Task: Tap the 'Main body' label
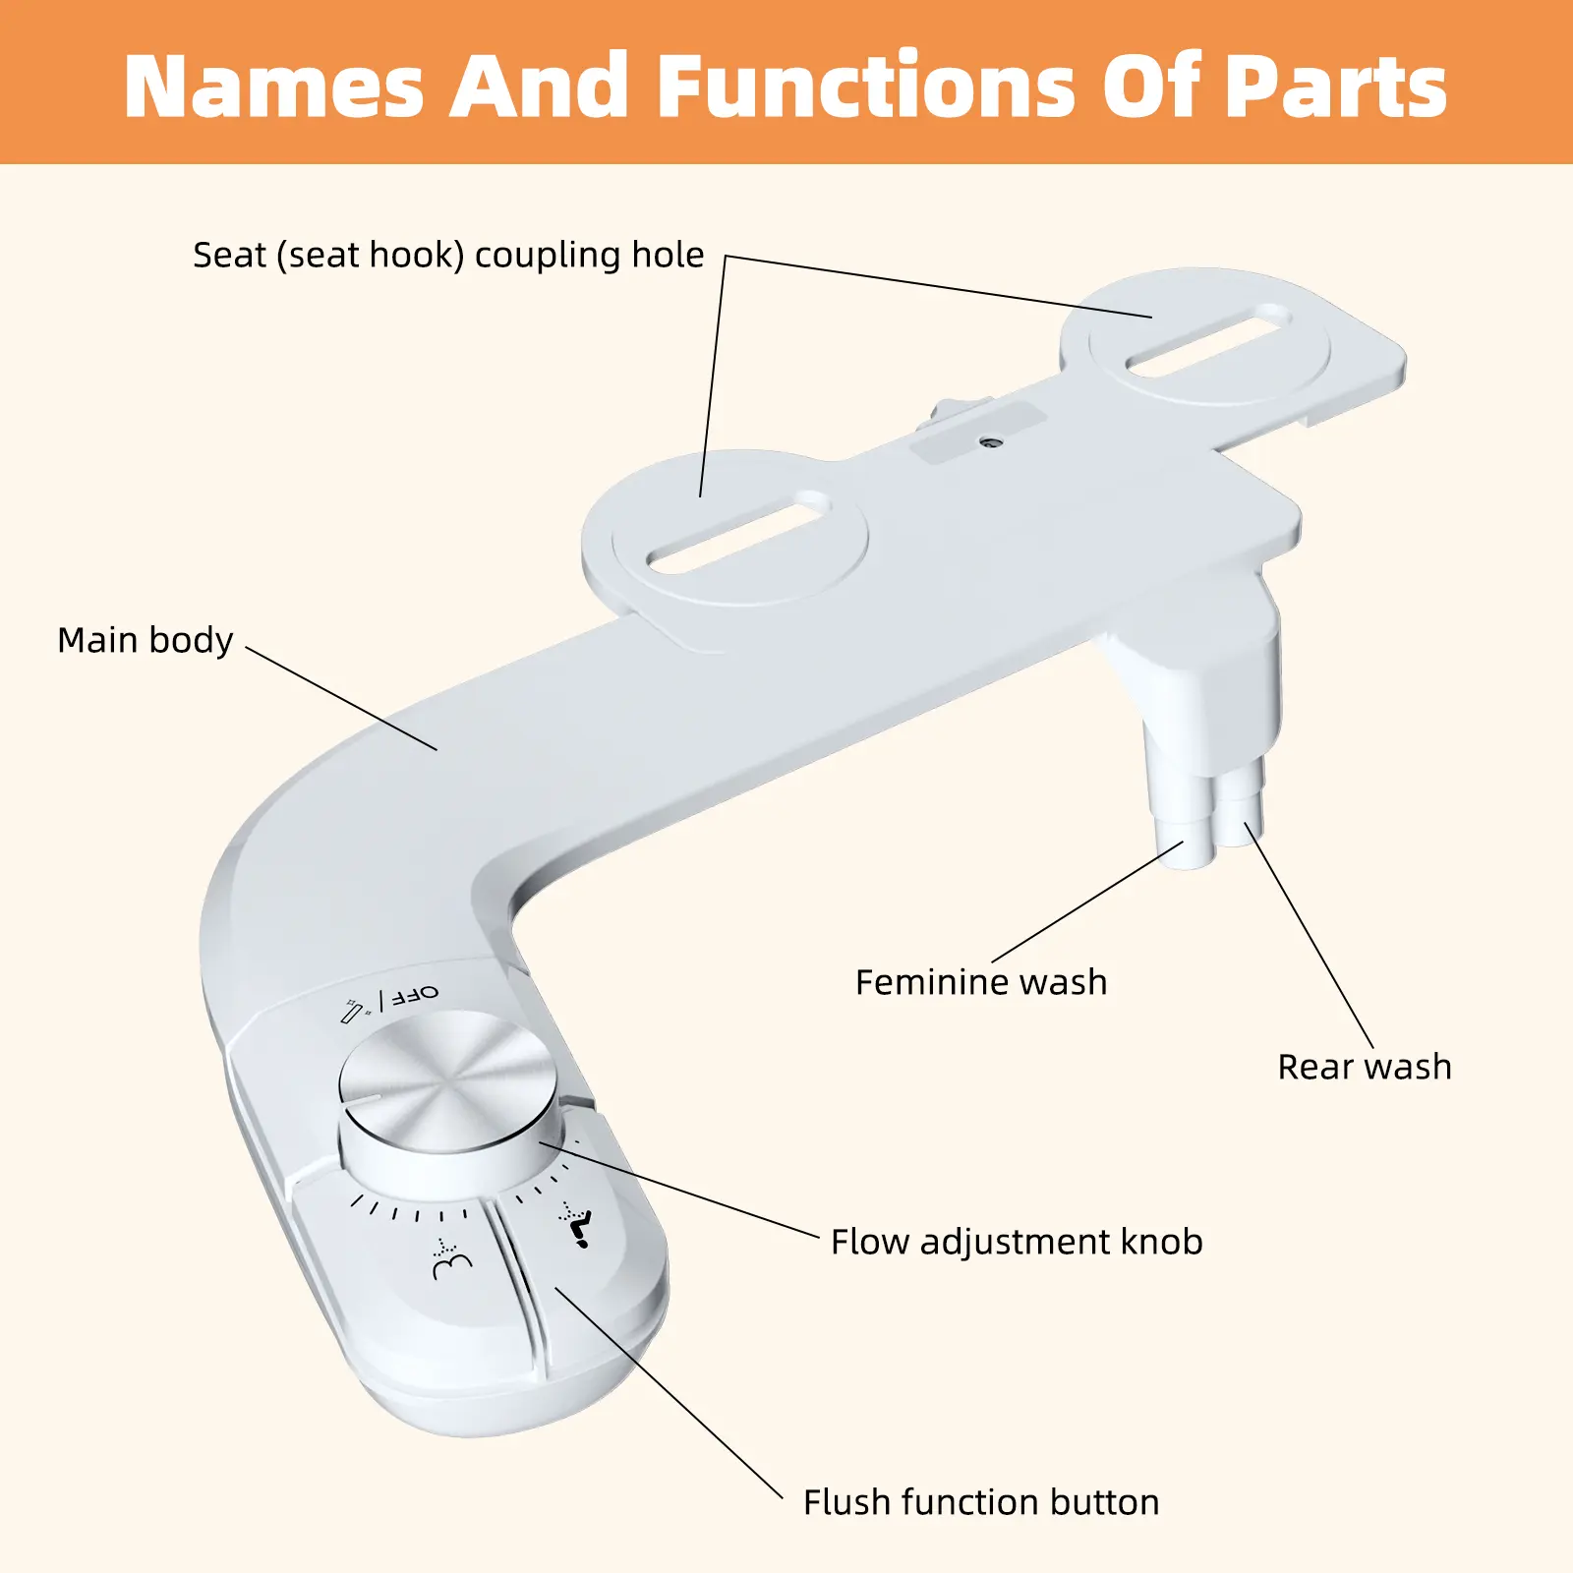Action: click(146, 640)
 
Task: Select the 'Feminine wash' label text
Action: click(980, 982)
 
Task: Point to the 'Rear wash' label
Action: click(1364, 1067)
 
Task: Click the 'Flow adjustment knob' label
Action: click(1016, 1242)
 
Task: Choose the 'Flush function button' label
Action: click(980, 1502)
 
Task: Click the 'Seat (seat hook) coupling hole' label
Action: click(448, 256)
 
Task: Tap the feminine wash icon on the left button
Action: click(451, 1258)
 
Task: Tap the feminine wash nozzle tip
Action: click(1191, 857)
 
